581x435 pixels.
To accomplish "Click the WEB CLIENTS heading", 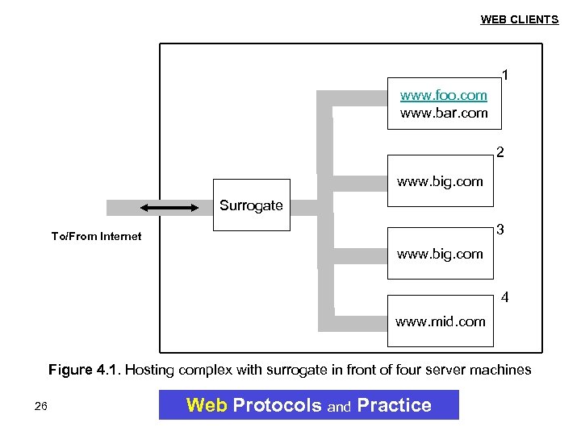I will pos(519,19).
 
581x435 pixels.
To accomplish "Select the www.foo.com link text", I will pos(444,96).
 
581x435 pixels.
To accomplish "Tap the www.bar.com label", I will pos(444,113).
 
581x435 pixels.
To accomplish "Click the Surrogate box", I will pos(251,205).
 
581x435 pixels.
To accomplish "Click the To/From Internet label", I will pos(96,236).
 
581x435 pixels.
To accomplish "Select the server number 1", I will pos(505,76).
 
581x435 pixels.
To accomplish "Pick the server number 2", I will pos(500,151).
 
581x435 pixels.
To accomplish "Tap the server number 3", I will pos(500,230).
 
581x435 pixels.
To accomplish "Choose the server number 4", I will pos(505,297).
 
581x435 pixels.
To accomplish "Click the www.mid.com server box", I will pos(440,322).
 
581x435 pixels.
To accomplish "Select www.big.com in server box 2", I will pos(440,181).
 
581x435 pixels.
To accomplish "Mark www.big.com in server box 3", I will pos(440,254).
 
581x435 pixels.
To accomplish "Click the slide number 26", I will pos(41,406).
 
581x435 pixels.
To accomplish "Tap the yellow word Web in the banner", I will pos(207,405).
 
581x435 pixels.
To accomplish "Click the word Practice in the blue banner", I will pos(394,405).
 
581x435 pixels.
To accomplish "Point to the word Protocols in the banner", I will pos(277,405).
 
